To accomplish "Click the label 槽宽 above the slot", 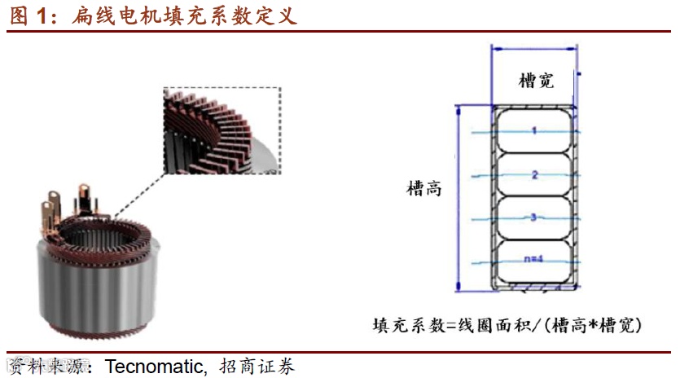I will coord(536,80).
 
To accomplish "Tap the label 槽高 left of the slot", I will coord(424,189).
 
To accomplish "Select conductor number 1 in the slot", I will coord(534,130).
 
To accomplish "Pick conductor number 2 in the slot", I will coord(534,174).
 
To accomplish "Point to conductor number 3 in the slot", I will coord(534,218).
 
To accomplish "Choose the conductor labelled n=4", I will coord(533,260).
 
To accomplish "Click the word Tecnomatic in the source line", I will coord(156,366).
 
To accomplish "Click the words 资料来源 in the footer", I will coord(46,366).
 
